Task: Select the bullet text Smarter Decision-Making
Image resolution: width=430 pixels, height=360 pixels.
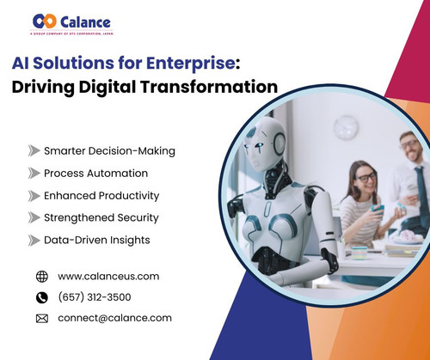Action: point(109,151)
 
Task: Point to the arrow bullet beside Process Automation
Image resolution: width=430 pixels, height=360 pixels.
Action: point(34,174)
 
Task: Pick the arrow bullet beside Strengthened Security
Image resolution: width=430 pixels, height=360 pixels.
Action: point(34,218)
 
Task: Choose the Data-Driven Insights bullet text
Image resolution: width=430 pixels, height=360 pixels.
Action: point(97,240)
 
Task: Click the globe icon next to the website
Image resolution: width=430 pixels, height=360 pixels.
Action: point(42,277)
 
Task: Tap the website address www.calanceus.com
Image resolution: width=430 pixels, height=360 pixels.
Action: point(108,277)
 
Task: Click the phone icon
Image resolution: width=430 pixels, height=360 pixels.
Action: point(42,297)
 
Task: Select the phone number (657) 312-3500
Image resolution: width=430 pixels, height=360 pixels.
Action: point(95,297)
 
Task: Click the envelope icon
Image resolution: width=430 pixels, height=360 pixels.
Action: point(42,319)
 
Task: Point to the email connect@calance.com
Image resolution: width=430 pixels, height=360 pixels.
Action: point(114,318)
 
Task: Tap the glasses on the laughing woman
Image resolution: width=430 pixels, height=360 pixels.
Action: point(365,177)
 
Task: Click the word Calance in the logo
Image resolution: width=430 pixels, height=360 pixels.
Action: point(87,19)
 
